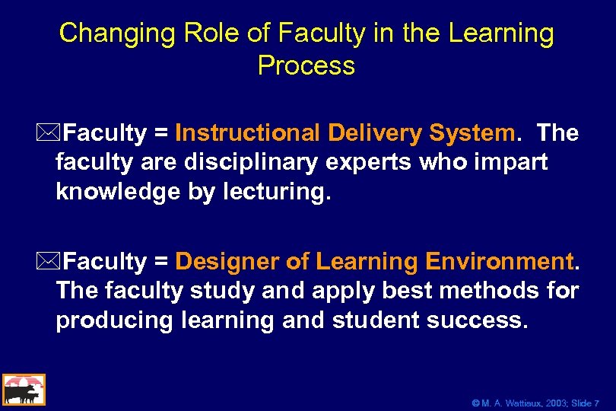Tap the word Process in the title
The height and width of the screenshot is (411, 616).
[306, 66]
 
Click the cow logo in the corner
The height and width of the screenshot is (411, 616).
[24, 390]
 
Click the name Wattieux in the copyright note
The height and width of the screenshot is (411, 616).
[514, 403]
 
